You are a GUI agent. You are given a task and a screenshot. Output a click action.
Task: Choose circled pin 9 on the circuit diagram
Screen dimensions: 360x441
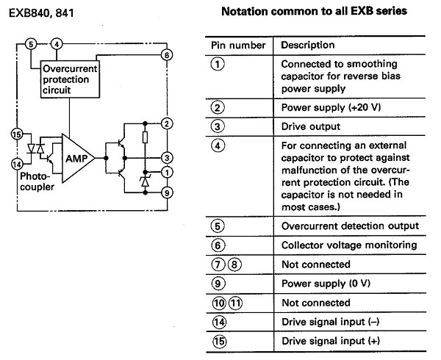click(168, 193)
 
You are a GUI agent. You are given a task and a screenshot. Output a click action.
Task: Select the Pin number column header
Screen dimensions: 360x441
click(238, 45)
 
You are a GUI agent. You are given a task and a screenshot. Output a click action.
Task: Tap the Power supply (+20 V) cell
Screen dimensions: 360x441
click(330, 107)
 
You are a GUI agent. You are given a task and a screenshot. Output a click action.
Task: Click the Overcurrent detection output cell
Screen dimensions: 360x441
click(350, 226)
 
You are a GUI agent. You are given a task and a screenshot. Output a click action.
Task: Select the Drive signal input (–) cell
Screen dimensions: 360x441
click(328, 322)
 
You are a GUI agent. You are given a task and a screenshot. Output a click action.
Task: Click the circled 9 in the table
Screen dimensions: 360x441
click(218, 283)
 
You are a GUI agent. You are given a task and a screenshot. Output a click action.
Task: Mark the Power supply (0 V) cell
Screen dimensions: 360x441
click(324, 283)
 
